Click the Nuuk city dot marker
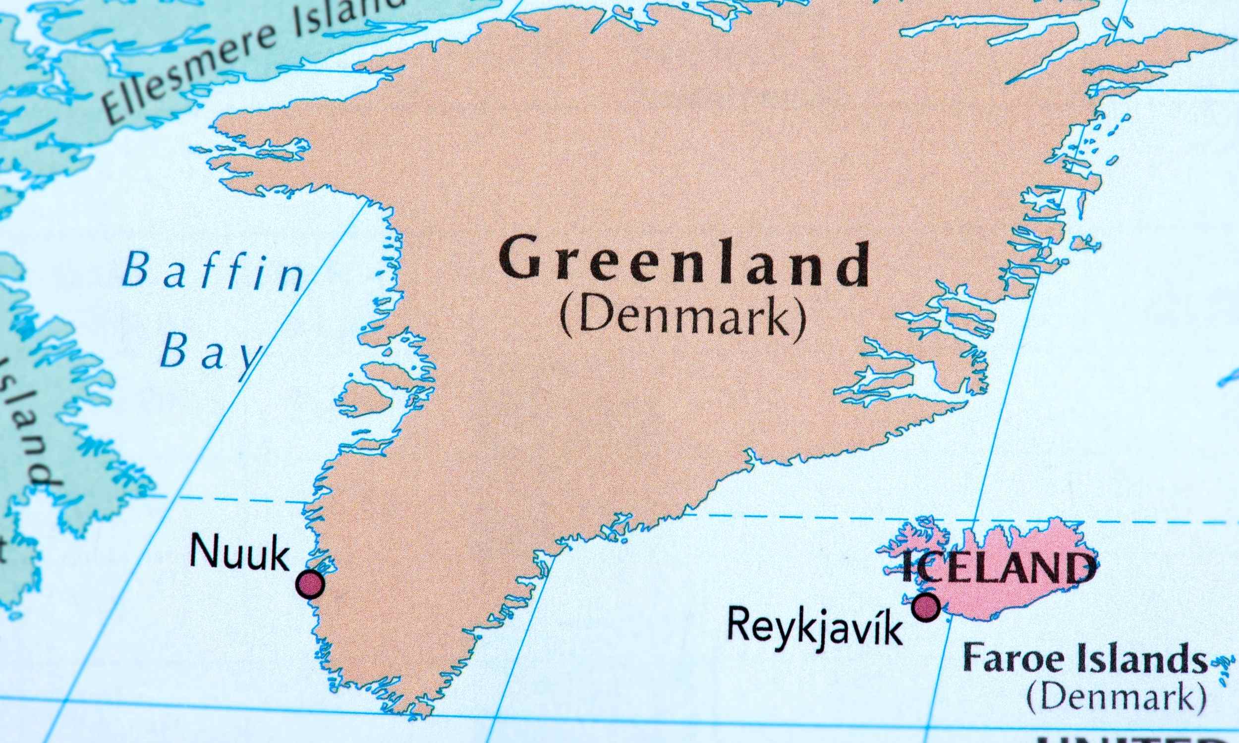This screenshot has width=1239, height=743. coord(310,584)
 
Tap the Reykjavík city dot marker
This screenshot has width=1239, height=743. coord(925,608)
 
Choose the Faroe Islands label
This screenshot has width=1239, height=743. coord(1085,659)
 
